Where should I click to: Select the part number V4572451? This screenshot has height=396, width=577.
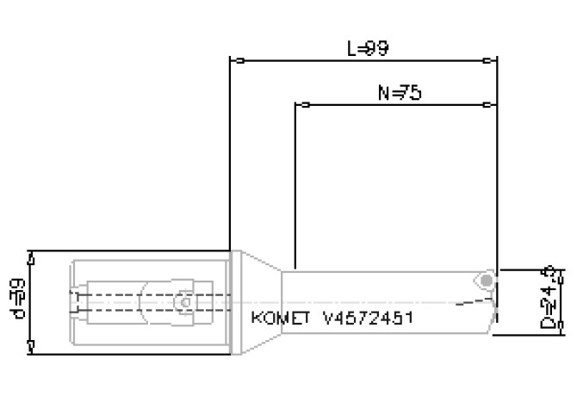coord(368,319)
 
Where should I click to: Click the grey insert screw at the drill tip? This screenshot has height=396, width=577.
coord(487,281)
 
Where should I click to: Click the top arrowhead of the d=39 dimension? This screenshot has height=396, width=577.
coord(32,257)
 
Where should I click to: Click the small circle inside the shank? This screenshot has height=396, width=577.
coord(183,302)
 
